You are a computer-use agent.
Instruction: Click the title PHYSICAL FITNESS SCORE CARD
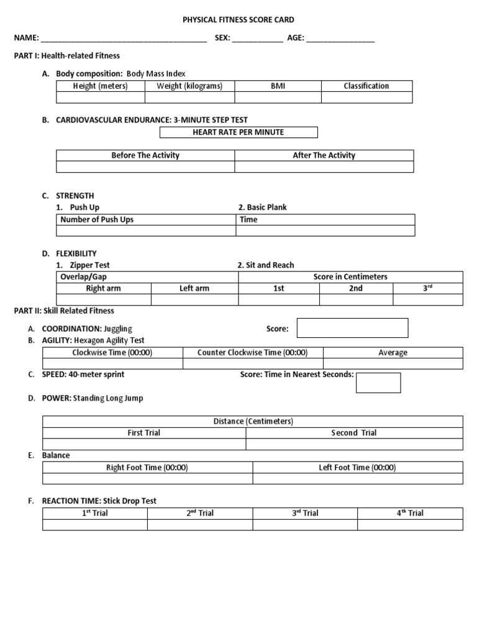(238, 20)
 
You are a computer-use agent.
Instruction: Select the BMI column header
(278, 86)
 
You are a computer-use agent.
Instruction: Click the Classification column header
(366, 86)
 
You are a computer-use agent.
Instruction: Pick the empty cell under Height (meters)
(101, 98)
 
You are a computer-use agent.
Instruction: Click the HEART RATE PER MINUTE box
(238, 132)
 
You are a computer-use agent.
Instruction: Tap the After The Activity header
(324, 155)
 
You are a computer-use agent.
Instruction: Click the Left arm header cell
(194, 289)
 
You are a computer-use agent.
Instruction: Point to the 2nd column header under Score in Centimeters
(356, 289)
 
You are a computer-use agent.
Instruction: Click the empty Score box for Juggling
(352, 328)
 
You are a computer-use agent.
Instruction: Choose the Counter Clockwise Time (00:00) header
(253, 353)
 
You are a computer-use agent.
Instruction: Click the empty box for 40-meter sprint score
(378, 383)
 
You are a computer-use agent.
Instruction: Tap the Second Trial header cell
(354, 433)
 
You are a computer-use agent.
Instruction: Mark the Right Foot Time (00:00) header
(148, 468)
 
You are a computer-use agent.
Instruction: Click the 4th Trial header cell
(410, 513)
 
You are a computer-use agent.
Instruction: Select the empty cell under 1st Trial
(95, 525)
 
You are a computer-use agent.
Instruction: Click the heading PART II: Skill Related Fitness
(64, 311)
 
